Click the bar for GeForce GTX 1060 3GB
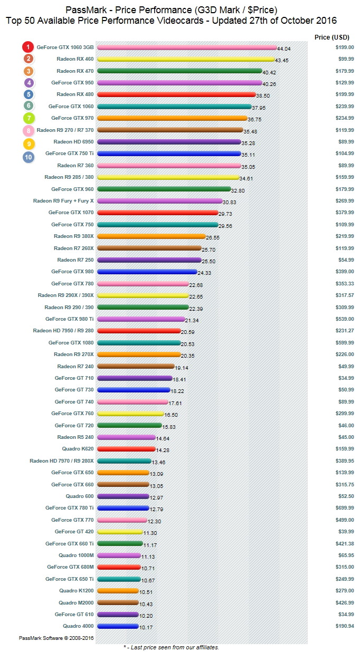[x=187, y=47]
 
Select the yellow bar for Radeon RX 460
[x=186, y=59]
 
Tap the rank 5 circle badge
[x=29, y=94]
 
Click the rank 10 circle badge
[x=29, y=157]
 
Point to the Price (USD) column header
[x=331, y=37]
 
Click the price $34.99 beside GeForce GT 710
[x=346, y=378]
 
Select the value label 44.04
[x=283, y=49]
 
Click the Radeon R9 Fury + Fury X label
[x=63, y=200]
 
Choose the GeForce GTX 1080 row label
[x=71, y=342]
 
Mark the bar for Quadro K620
[x=126, y=449]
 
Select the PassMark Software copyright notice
[x=56, y=638]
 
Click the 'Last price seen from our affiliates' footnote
[x=171, y=647]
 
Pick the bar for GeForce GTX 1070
[x=158, y=213]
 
